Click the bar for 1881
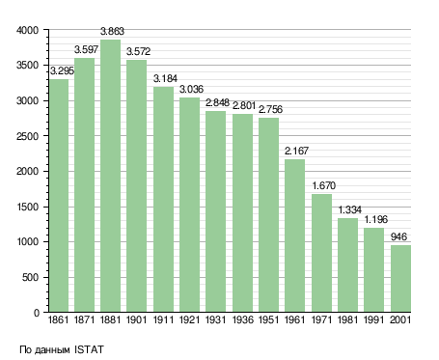110,176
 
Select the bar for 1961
294,235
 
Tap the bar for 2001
400,279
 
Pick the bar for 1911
163,200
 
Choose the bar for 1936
242,213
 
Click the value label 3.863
112,32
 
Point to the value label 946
398,236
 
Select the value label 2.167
296,151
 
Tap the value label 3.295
62,70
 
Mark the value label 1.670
324,185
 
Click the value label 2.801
244,106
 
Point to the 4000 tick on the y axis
27,30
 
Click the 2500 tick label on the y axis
27,136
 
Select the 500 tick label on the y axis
30,277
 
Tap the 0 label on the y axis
37,313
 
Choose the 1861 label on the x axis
58,320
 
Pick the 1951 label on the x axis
268,320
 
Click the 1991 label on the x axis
374,320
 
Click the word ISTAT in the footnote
89,349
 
